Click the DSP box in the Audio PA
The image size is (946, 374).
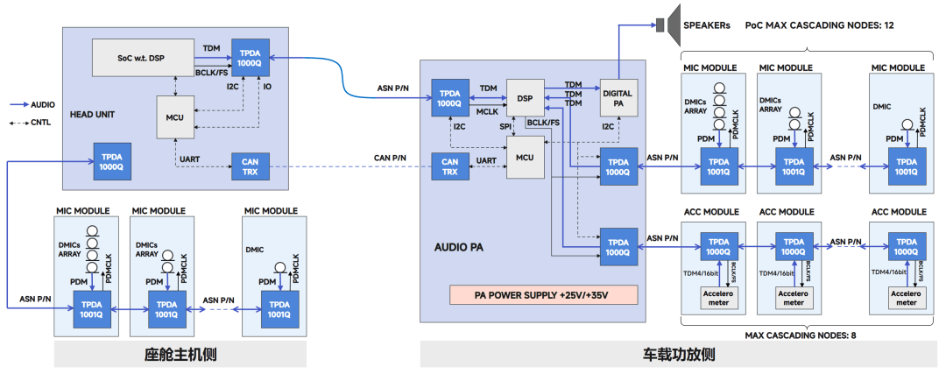[526, 97]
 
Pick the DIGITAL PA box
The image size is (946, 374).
[618, 98]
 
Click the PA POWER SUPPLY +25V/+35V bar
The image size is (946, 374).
[543, 293]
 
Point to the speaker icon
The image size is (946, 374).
[667, 24]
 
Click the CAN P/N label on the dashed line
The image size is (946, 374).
[390, 157]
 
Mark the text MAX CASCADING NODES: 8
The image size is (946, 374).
[799, 335]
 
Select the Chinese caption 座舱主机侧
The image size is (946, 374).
[180, 355]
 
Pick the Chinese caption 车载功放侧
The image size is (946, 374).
[680, 355]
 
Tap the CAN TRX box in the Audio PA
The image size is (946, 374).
[450, 166]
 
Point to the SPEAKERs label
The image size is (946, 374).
[706, 25]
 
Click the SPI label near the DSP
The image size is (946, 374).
[505, 127]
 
